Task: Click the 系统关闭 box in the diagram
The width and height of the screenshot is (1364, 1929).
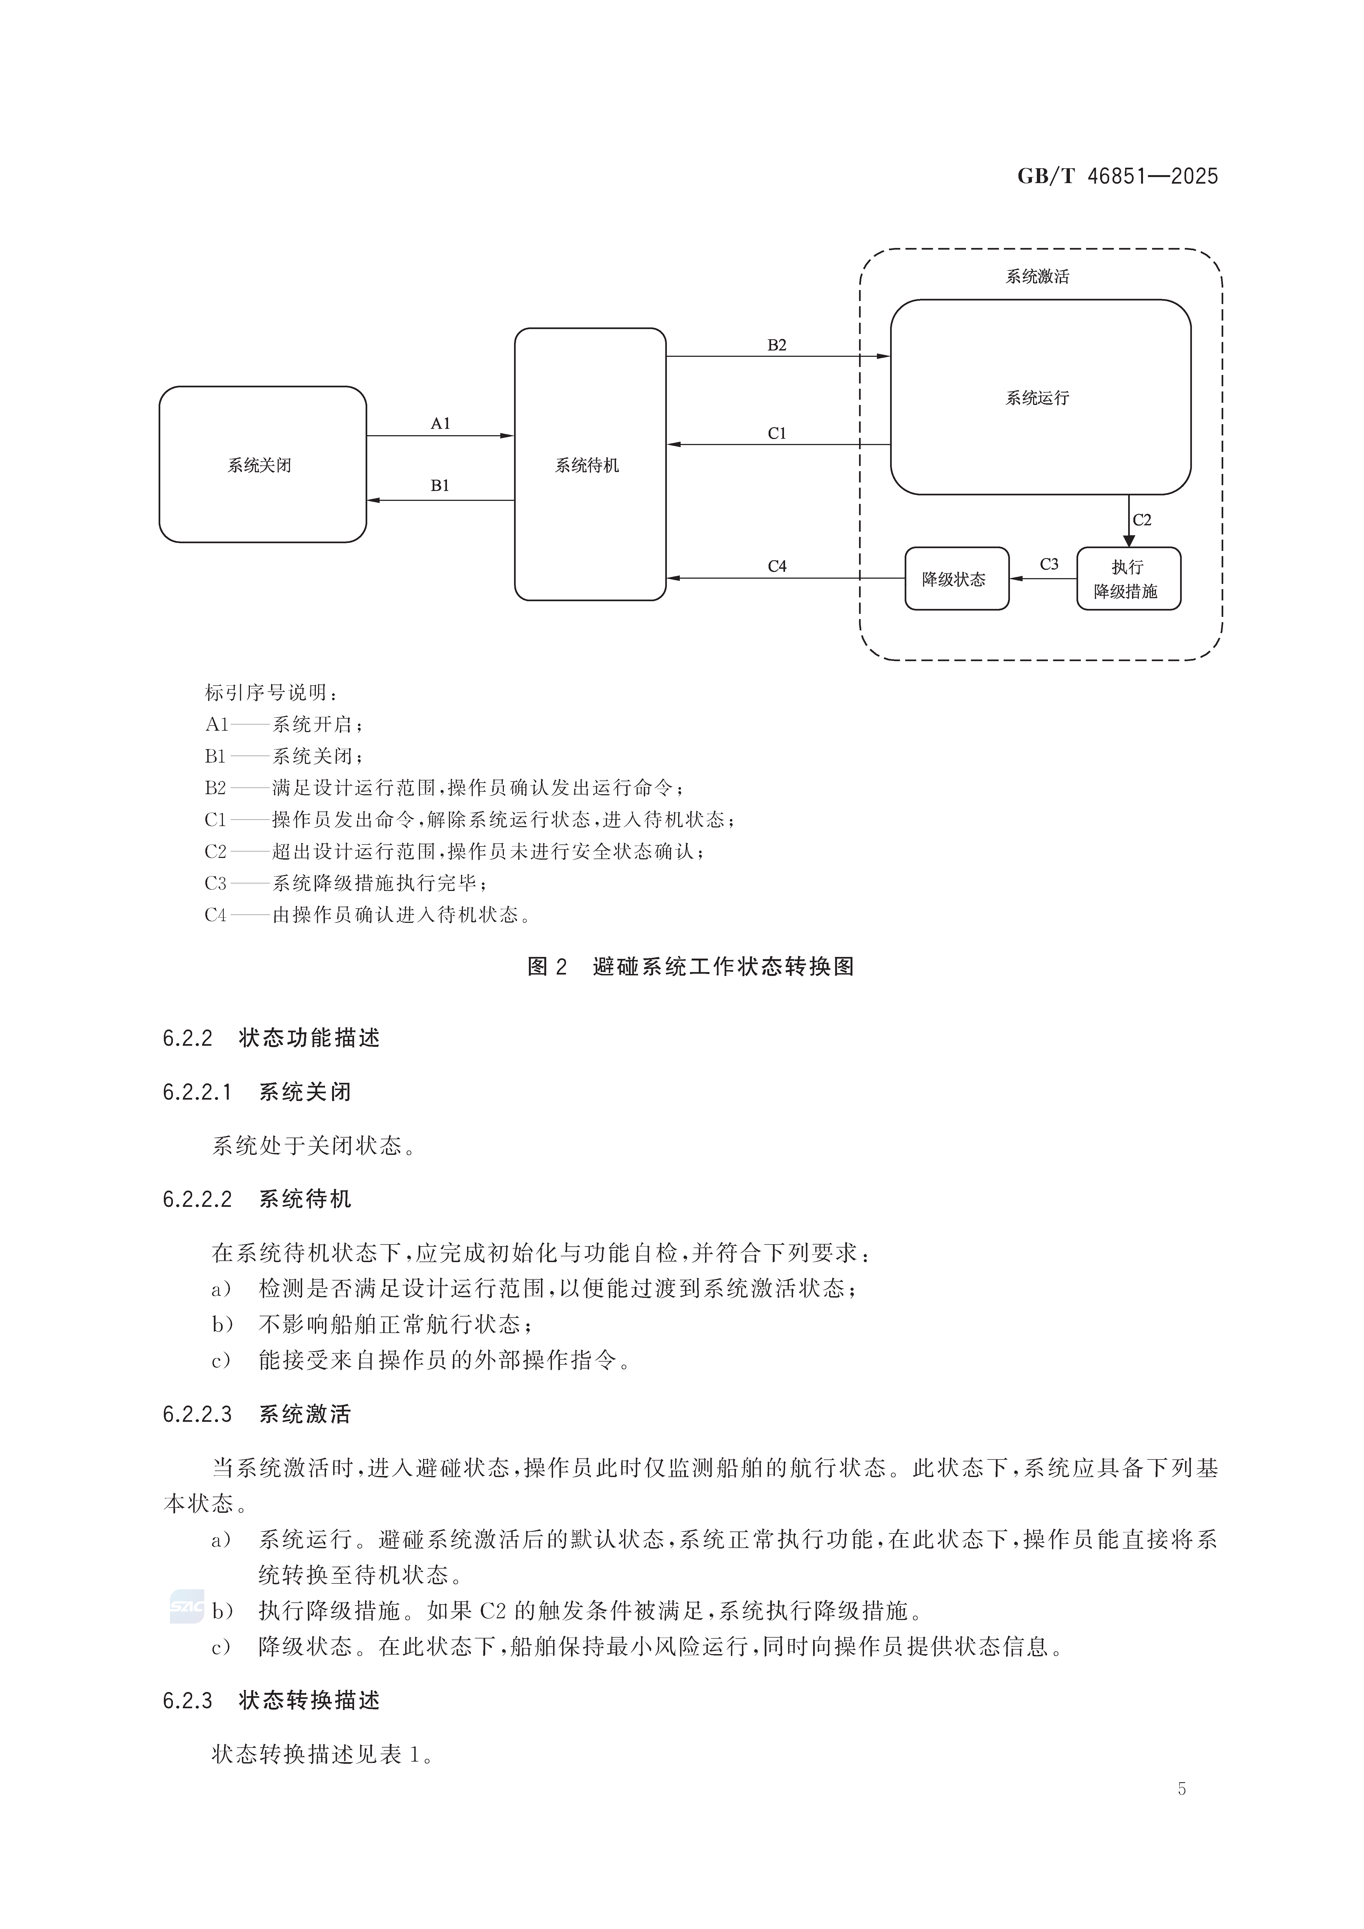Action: point(262,465)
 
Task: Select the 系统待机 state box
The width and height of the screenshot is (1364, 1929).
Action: point(590,465)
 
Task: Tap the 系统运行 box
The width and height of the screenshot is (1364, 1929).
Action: point(1040,398)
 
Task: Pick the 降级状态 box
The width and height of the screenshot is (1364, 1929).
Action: point(956,579)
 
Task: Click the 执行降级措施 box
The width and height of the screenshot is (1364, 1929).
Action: point(1128,579)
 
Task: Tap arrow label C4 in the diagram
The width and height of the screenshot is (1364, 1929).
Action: point(777,566)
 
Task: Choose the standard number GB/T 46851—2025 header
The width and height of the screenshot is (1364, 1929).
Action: point(1117,176)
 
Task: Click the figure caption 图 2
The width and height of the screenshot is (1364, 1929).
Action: point(548,967)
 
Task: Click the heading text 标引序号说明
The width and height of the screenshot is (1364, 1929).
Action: point(270,693)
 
